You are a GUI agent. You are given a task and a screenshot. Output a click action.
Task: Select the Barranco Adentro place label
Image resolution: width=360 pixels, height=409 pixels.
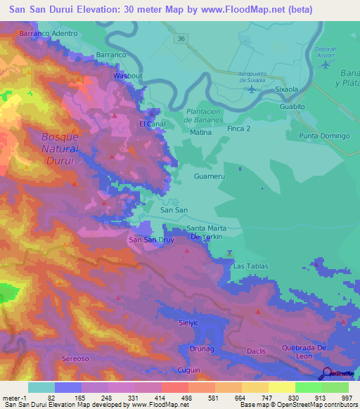[49, 33]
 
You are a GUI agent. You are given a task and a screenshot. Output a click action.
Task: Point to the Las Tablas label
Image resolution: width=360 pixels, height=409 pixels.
[251, 266]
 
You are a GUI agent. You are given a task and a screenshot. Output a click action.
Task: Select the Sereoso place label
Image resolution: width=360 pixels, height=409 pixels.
[75, 358]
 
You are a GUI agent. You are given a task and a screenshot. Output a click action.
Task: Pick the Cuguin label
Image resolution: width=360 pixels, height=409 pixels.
[189, 370]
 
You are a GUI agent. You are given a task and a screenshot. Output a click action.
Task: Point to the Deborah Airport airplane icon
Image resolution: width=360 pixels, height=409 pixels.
[324, 65]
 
